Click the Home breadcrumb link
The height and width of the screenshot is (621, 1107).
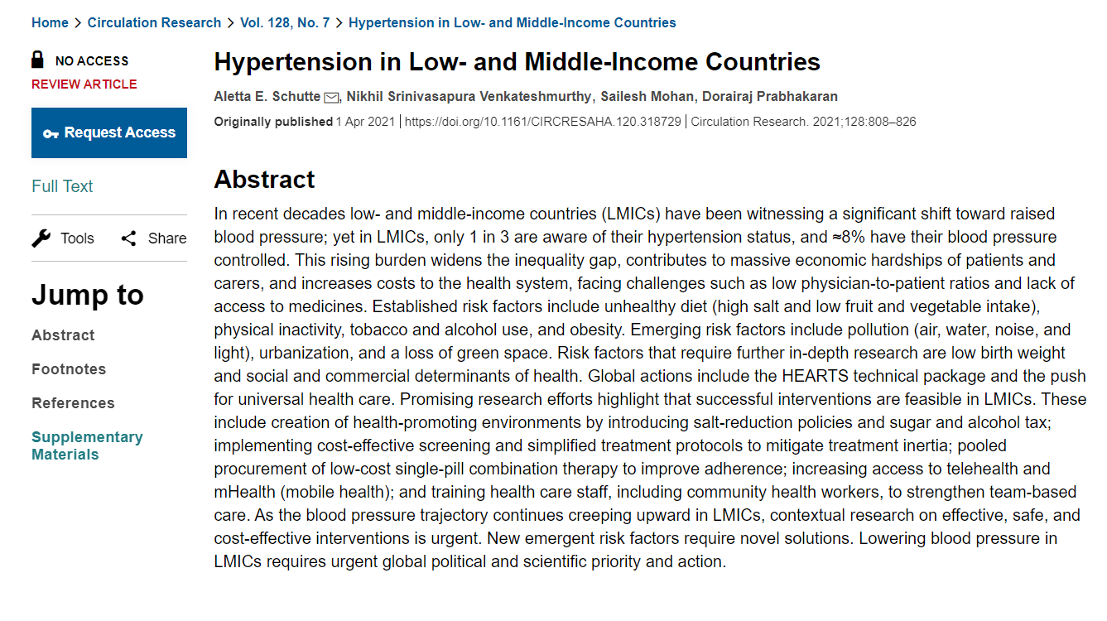pyautogui.click(x=50, y=23)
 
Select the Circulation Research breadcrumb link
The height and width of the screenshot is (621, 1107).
pyautogui.click(x=154, y=23)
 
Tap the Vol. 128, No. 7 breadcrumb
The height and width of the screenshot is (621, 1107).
pyautogui.click(x=285, y=23)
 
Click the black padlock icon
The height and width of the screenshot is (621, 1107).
pyautogui.click(x=38, y=60)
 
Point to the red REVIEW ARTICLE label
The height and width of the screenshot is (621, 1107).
pyautogui.click(x=84, y=84)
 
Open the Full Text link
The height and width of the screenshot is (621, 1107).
pyautogui.click(x=62, y=186)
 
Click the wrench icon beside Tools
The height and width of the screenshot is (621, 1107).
pyautogui.click(x=41, y=238)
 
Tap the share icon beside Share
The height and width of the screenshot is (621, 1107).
pyautogui.click(x=128, y=238)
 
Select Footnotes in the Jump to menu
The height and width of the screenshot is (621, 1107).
pyautogui.click(x=69, y=369)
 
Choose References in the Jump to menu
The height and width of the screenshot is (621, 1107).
pyautogui.click(x=73, y=403)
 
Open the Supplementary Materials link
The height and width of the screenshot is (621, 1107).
pyautogui.click(x=87, y=445)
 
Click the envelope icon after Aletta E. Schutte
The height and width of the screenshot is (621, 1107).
pyautogui.click(x=331, y=98)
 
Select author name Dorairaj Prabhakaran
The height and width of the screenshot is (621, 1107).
pyautogui.click(x=770, y=97)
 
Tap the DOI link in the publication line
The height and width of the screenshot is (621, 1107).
pyautogui.click(x=542, y=122)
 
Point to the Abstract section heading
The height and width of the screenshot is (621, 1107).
pyautogui.click(x=264, y=180)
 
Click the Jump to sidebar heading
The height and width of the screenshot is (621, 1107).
pyautogui.click(x=88, y=295)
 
